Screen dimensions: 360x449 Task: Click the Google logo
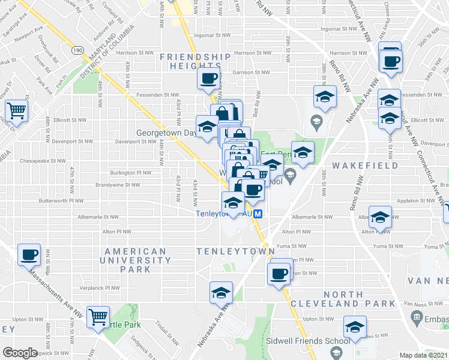(x=20, y=352)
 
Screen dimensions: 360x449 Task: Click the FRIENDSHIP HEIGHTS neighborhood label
(x=196, y=61)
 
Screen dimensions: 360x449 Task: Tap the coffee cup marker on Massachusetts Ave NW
(x=29, y=254)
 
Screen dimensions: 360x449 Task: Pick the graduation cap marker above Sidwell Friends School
(x=355, y=327)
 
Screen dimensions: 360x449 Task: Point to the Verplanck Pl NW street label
(x=106, y=287)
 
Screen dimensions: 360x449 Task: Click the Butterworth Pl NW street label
(x=60, y=200)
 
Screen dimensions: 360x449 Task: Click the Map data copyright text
(x=423, y=355)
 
